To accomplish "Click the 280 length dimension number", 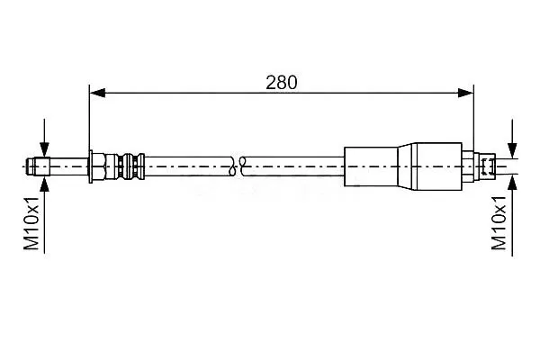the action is [281, 83].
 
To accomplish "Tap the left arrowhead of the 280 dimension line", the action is [97, 93].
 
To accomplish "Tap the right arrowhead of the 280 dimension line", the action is [466, 93].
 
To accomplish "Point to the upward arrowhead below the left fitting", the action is [44, 184].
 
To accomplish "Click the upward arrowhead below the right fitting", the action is [512, 183].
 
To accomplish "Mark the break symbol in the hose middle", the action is [238, 166].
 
